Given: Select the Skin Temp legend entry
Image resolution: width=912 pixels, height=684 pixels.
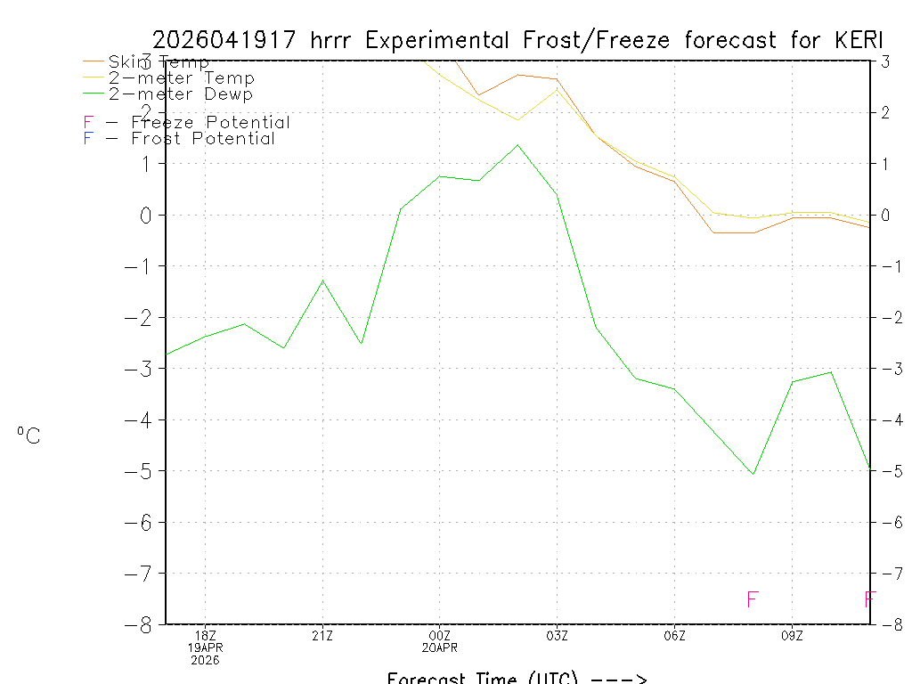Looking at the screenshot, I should [159, 62].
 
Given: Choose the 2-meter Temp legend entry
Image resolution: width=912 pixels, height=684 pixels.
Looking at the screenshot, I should [181, 78].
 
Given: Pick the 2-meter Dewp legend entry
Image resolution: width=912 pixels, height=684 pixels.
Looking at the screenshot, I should [180, 94].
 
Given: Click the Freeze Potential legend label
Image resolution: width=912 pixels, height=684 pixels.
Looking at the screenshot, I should [210, 122].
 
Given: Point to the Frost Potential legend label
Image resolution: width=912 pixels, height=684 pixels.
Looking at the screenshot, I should [202, 138].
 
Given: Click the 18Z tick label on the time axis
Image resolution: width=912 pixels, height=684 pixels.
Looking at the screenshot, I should [206, 635].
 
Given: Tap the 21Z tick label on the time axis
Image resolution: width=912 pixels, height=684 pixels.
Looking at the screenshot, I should [322, 635].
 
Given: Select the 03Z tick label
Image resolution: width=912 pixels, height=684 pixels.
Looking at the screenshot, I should [558, 635].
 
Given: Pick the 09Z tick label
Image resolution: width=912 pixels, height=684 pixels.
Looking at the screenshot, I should [792, 635].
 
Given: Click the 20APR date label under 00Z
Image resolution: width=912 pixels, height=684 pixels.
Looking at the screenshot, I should [440, 647].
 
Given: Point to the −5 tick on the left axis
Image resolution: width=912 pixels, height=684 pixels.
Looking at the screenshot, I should [142, 471].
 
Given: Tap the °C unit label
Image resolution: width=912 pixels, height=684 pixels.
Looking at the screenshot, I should [28, 436].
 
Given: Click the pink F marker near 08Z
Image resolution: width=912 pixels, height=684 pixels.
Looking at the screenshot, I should [753, 599].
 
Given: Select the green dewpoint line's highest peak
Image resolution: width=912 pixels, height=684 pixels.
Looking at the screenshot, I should [518, 144].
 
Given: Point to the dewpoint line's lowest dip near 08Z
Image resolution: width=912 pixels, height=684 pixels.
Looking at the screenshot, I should [753, 474].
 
